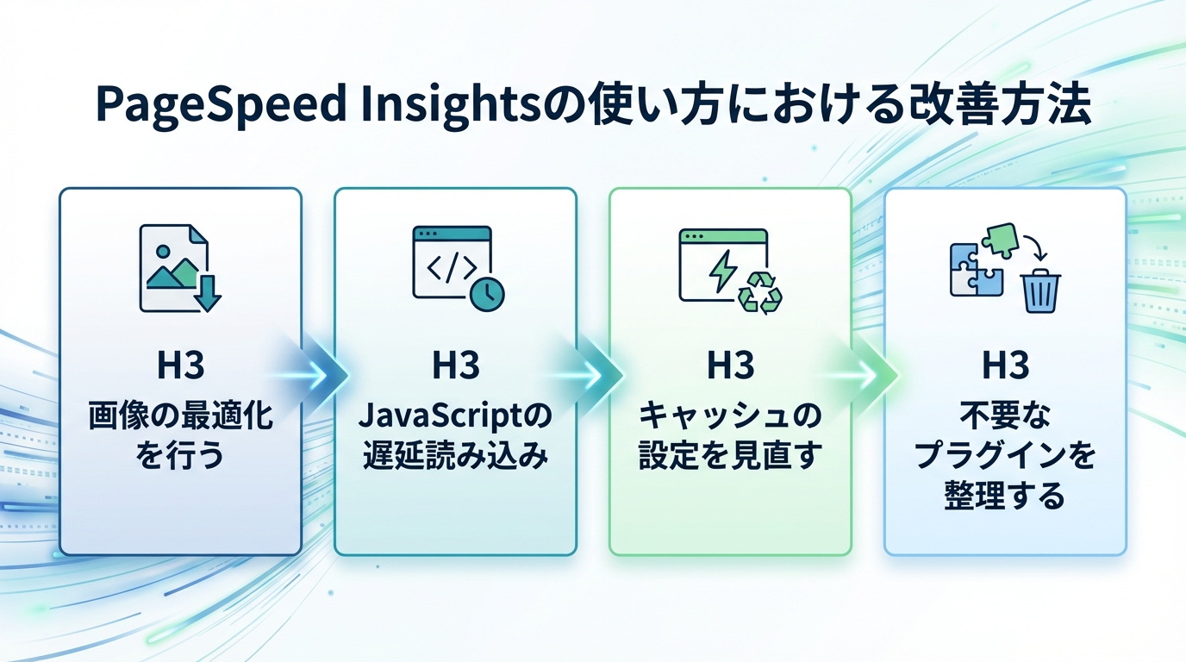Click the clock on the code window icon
[x=487, y=294]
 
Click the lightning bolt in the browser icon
[x=719, y=270]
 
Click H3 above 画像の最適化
[x=180, y=366]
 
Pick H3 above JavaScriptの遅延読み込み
[x=455, y=366]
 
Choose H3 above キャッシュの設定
[x=730, y=366]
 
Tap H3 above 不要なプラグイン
[x=1005, y=366]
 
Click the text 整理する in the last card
[x=1005, y=496]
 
